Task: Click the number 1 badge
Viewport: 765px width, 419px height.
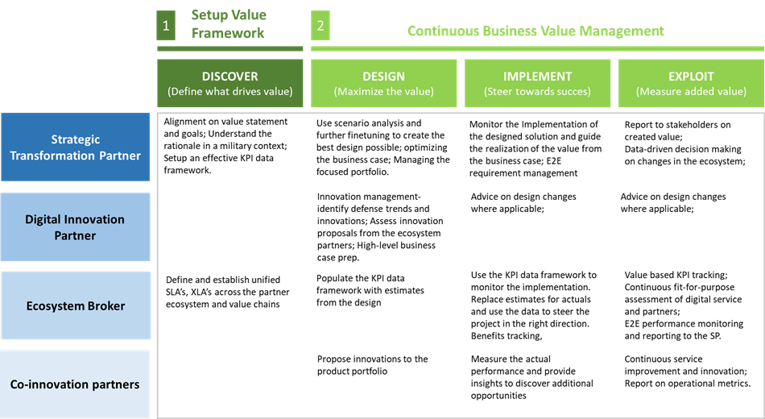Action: click(x=166, y=26)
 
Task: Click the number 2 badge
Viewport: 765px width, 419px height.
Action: click(x=320, y=26)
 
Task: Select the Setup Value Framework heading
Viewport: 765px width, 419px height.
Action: click(x=229, y=24)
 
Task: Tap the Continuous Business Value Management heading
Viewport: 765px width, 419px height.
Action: click(x=535, y=31)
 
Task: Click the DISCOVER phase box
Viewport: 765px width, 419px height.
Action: click(x=230, y=83)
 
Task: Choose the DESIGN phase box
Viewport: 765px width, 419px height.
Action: click(x=383, y=83)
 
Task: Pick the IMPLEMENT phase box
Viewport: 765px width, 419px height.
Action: click(x=537, y=83)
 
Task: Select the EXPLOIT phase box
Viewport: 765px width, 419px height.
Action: click(x=691, y=83)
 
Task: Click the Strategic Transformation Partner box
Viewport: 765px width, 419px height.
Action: click(x=76, y=147)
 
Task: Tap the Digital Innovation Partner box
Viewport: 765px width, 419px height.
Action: click(x=76, y=227)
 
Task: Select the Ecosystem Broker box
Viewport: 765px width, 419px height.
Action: click(x=76, y=305)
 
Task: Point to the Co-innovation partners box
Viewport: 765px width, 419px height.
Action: click(x=76, y=384)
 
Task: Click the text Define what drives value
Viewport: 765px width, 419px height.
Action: click(x=230, y=92)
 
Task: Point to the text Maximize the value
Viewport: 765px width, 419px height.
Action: click(x=383, y=92)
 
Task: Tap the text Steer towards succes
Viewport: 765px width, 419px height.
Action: click(x=537, y=92)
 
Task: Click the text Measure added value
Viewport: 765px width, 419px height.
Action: click(x=691, y=92)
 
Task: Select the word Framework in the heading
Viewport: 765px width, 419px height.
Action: click(x=228, y=34)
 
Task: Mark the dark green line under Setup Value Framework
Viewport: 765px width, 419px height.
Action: click(x=230, y=49)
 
